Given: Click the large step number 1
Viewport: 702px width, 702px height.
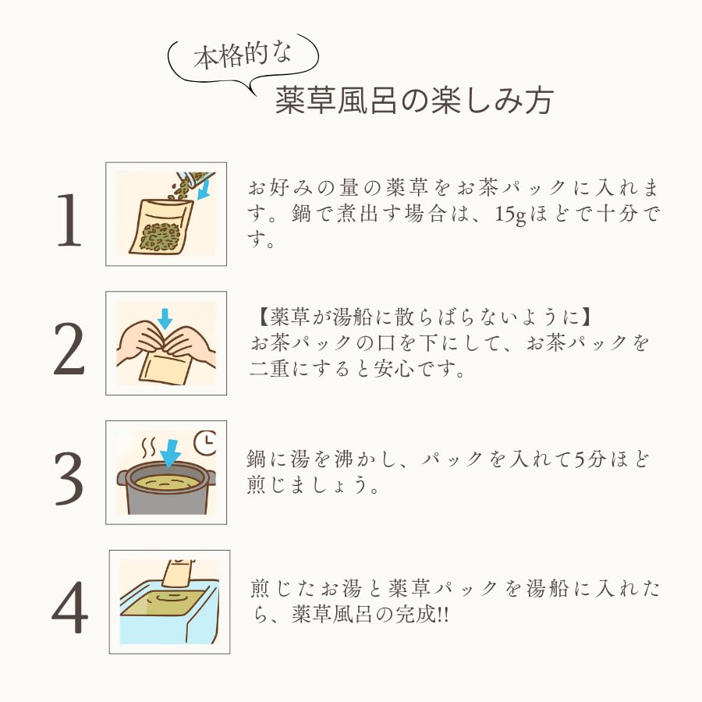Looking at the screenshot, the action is [x=70, y=220].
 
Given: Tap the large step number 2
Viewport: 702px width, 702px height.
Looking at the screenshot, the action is [x=69, y=349].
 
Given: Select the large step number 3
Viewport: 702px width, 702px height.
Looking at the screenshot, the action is [x=69, y=478].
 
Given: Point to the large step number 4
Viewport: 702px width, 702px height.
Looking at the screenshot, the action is [x=70, y=607].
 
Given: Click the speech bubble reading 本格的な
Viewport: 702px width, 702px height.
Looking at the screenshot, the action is [x=243, y=62].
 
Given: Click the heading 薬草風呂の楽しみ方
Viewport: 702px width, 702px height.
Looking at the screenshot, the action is [x=414, y=101].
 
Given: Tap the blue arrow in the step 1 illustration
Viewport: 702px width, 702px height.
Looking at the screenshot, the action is [x=204, y=188].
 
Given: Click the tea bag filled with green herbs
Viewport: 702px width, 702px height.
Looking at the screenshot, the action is [x=161, y=227].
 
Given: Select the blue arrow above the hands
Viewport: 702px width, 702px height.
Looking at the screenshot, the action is [x=165, y=318].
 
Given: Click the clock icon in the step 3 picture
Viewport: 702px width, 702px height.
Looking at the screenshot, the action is [x=205, y=442].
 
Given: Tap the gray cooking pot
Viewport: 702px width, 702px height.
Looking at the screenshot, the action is [x=166, y=489].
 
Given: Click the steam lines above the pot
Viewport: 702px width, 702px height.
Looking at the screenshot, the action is [x=149, y=448].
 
